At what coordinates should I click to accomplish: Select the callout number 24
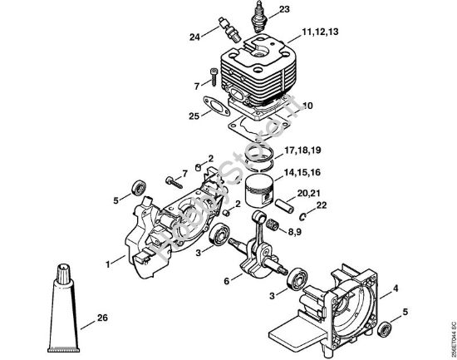194,37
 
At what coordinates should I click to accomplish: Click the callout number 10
307,106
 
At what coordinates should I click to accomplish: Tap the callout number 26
101,317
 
